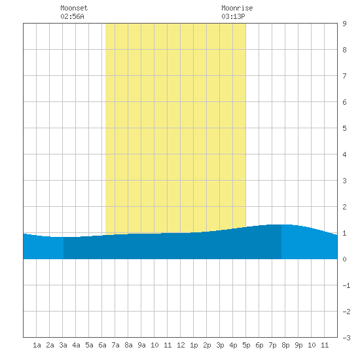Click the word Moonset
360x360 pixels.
[x=74, y=8]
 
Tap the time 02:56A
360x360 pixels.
[x=72, y=16]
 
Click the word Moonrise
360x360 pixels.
[x=237, y=8]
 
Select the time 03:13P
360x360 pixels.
[x=233, y=16]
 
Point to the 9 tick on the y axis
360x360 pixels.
[x=344, y=24]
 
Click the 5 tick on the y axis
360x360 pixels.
[x=344, y=128]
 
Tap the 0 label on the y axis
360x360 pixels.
[x=344, y=259]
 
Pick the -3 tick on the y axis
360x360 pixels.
[x=346, y=338]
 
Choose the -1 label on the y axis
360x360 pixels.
[x=346, y=285]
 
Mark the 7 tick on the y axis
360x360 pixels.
[x=344, y=76]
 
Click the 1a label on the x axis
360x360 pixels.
[x=37, y=345]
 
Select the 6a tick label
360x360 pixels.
[x=102, y=345]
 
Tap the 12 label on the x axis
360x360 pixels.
[x=181, y=345]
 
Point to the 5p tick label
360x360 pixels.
[x=246, y=345]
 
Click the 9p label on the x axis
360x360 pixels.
[x=298, y=345]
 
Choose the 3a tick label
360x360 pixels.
[x=63, y=345]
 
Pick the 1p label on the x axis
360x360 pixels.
[x=194, y=345]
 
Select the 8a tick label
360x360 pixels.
[x=128, y=345]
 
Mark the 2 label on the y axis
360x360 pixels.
[x=344, y=207]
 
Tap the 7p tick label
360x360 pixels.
[x=272, y=345]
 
